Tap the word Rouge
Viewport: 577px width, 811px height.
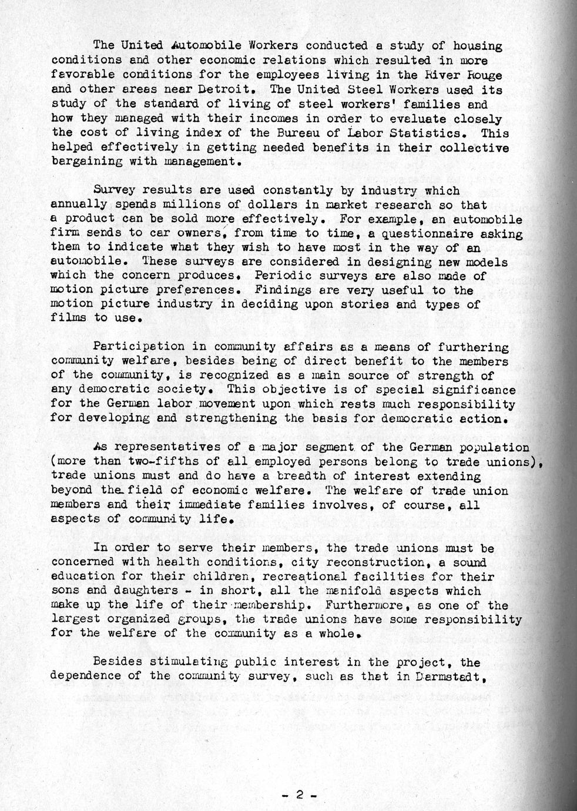pyautogui.click(x=484, y=75)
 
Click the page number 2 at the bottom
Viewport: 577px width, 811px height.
pyautogui.click(x=299, y=796)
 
